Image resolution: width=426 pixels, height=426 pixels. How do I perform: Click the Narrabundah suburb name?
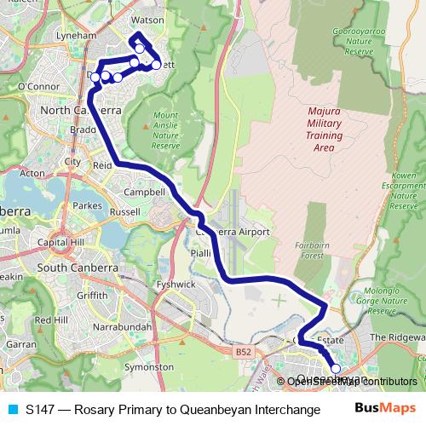coord(124,326)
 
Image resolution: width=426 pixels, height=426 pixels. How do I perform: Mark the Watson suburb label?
coord(148,19)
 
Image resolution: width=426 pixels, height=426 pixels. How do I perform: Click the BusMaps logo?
coord(384,408)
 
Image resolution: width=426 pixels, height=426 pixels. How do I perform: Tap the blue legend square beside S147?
coord(13,409)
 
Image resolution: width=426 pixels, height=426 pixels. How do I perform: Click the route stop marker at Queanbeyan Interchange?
coord(336,369)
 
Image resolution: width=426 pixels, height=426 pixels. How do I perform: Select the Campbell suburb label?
coord(144,192)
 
